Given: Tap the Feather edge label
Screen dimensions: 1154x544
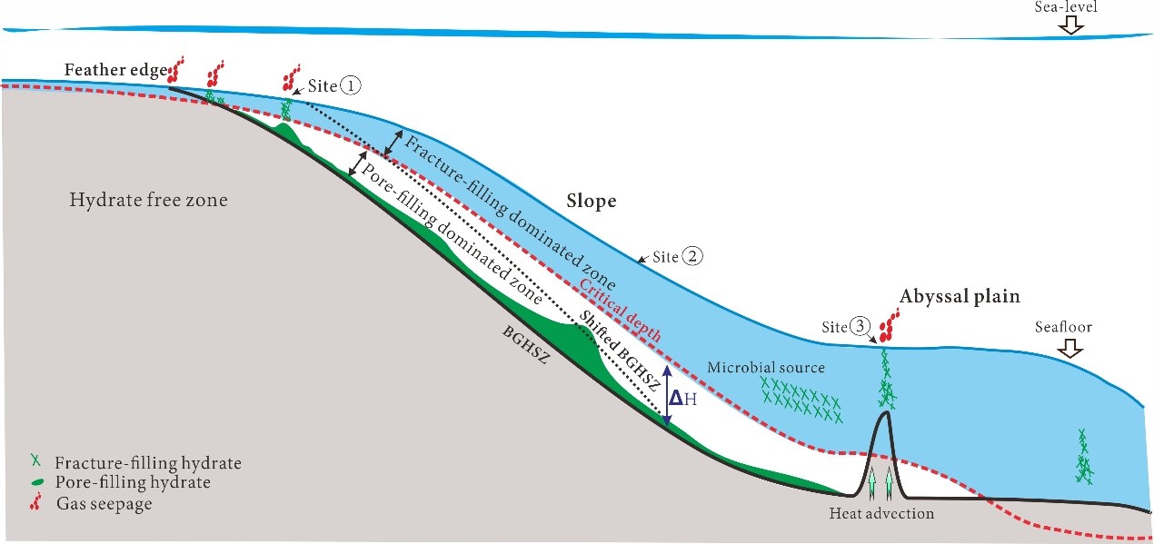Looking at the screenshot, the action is coord(116,70).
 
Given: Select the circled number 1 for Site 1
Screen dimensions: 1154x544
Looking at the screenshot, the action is coord(352,85).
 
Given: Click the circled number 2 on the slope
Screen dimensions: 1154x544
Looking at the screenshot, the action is coord(693,256).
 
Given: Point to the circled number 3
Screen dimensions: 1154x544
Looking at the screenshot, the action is coord(861,326).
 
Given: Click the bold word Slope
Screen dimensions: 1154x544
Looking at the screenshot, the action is coord(592,201).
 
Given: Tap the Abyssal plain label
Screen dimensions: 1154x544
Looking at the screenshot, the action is coord(960,296).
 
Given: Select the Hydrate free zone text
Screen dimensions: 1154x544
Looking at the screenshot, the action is coord(148,200).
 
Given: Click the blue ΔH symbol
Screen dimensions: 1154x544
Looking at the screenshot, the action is coord(682,398).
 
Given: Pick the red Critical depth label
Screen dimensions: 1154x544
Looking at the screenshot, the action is coord(621,310).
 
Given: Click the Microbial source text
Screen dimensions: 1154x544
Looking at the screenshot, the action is coord(766,368).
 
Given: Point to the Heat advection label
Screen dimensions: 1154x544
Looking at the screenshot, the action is coord(881,513).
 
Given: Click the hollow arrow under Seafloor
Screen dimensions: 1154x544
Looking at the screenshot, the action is coord(1070,351).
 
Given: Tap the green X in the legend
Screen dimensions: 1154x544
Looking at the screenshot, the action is coord(35,460).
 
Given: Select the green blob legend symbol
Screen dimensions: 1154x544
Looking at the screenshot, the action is coord(37,482).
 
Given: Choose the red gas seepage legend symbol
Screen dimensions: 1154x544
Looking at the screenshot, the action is coord(35,501).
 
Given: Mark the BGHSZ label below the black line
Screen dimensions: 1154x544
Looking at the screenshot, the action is coord(525,345).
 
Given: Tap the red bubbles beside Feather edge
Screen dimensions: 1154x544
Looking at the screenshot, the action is coord(175,71).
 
